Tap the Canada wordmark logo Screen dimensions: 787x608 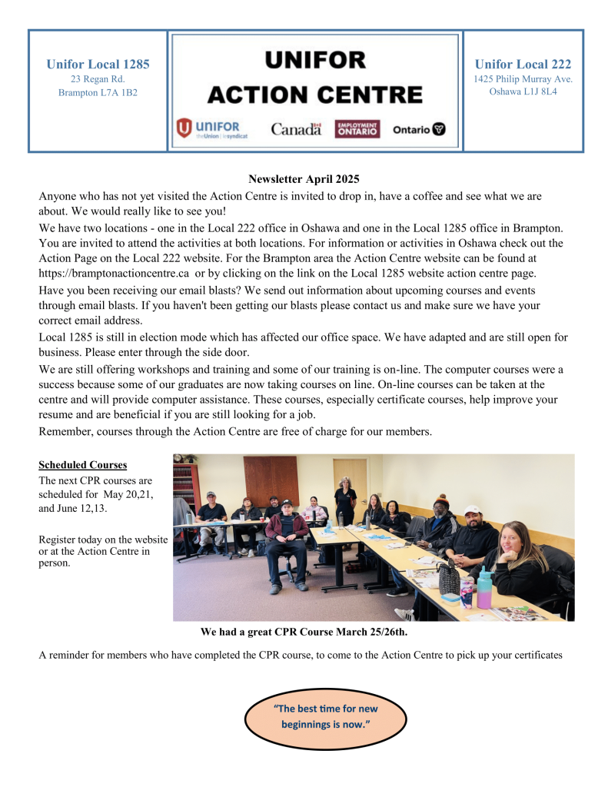pyautogui.click(x=296, y=129)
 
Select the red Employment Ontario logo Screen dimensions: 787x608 pyautogui.click(x=357, y=129)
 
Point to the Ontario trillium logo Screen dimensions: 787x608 pyautogui.click(x=419, y=129)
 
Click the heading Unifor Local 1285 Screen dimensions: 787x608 pyautogui.click(x=98, y=64)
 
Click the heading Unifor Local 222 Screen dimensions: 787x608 pyautogui.click(x=523, y=64)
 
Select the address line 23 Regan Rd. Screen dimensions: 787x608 pyautogui.click(x=98, y=78)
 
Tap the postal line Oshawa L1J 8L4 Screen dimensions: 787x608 pyautogui.click(x=523, y=91)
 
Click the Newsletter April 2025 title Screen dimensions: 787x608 pyautogui.click(x=304, y=179)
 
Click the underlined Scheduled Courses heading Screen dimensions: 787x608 pyautogui.click(x=83, y=465)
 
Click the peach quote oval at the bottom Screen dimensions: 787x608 pyautogui.click(x=326, y=716)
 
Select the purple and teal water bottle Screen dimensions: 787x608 pyautogui.click(x=484, y=588)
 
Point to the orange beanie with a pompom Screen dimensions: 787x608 pyautogui.click(x=441, y=500)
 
